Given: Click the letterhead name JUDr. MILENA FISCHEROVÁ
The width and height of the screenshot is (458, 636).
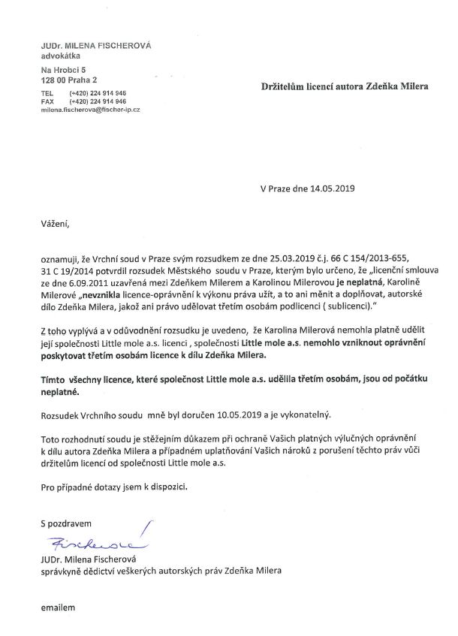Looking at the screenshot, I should (96, 46).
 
